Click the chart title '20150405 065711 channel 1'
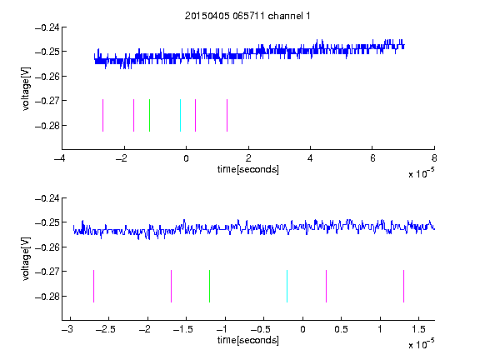(247, 16)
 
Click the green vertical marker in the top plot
(149, 115)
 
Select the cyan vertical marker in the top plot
(180, 115)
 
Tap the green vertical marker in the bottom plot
(209, 286)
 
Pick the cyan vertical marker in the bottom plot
(287, 286)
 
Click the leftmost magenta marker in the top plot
(102, 115)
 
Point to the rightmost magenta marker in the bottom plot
(403, 286)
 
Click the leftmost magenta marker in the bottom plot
(93, 286)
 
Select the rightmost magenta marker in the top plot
(227, 115)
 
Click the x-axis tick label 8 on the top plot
(434, 158)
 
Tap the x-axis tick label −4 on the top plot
(59, 158)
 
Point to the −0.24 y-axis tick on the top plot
(47, 27)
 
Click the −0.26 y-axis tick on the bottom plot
(47, 247)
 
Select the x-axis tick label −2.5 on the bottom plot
(105, 329)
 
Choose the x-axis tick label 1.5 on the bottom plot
(418, 329)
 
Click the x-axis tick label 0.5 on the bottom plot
(341, 329)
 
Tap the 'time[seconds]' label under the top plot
(248, 169)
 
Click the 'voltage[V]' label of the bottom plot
(27, 258)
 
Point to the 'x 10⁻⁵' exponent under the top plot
(421, 173)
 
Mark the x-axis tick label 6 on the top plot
(372, 158)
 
